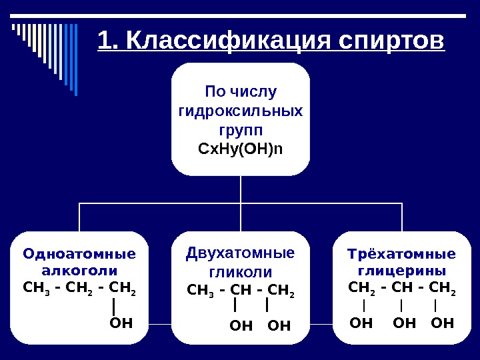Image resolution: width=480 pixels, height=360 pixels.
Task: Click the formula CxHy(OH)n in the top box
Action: click(x=241, y=147)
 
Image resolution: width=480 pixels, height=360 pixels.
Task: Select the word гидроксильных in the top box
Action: click(x=241, y=109)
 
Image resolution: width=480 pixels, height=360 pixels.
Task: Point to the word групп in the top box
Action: click(x=241, y=128)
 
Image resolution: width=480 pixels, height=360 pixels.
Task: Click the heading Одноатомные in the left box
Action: click(x=79, y=253)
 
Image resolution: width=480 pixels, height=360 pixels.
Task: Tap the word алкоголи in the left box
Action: click(x=79, y=271)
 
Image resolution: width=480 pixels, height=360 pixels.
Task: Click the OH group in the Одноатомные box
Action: click(x=120, y=324)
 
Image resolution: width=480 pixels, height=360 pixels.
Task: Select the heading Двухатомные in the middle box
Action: click(x=240, y=253)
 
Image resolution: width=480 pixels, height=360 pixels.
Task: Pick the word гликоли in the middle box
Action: click(x=240, y=272)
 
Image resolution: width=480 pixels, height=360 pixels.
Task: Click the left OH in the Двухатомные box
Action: click(x=241, y=326)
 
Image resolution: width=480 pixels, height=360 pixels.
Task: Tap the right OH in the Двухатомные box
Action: click(x=279, y=326)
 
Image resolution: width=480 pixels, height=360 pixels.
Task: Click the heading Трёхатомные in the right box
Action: click(x=402, y=253)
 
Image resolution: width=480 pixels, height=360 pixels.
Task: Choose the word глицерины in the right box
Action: click(x=402, y=271)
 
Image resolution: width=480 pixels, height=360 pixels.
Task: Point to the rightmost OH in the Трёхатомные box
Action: click(x=443, y=324)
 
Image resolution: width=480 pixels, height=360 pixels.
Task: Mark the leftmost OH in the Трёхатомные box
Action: click(x=361, y=324)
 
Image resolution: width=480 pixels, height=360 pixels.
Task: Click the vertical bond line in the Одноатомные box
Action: click(x=115, y=306)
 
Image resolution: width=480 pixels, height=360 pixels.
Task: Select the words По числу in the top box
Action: click(x=241, y=91)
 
